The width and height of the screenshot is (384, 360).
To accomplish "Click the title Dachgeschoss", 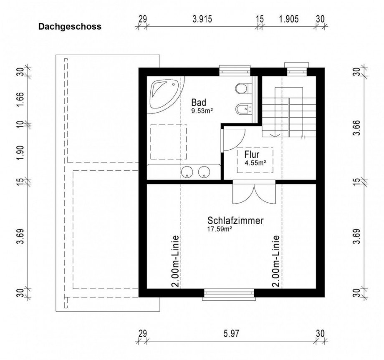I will [x=70, y=27].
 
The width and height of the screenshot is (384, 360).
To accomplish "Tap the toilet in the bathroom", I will [x=242, y=89].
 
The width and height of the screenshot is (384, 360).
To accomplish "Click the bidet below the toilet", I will [x=242, y=110].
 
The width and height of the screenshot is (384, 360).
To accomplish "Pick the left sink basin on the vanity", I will [x=187, y=171].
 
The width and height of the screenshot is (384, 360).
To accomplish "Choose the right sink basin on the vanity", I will [x=204, y=171].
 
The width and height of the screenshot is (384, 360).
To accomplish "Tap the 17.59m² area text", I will [x=220, y=229].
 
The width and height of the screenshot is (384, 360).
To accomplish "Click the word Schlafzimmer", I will [x=235, y=221].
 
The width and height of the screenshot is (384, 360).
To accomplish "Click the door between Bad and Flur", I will [x=234, y=139].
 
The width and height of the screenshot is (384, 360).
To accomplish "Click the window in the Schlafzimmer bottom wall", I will [x=229, y=295].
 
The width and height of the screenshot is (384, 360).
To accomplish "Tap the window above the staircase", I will [x=296, y=70].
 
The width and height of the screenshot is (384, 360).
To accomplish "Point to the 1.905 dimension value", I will [x=288, y=19].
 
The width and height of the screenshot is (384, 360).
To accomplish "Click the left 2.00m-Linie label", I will [x=175, y=261].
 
